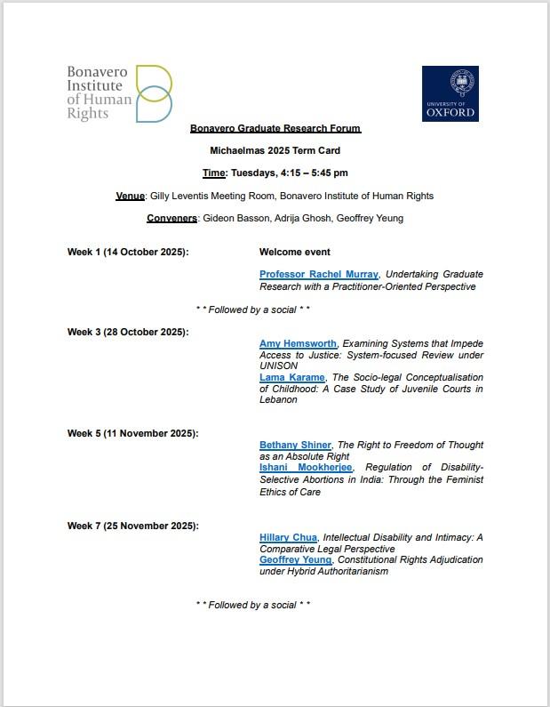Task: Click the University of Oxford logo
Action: coord(450,93)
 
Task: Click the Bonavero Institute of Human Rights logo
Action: coord(119,94)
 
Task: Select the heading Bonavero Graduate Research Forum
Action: coord(275,128)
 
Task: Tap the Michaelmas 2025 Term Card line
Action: coord(275,150)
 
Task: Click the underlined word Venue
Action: coord(130,196)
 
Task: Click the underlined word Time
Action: coord(214,173)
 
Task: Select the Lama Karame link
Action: coord(291,377)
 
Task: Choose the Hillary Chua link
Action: coord(288,537)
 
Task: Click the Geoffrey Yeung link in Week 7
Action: coord(296,560)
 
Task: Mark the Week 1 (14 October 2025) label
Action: coord(128,252)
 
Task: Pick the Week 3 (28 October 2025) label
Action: coord(128,332)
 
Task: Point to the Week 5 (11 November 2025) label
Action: coord(132,433)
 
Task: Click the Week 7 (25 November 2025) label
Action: coord(132,526)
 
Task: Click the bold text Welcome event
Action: coord(294,252)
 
